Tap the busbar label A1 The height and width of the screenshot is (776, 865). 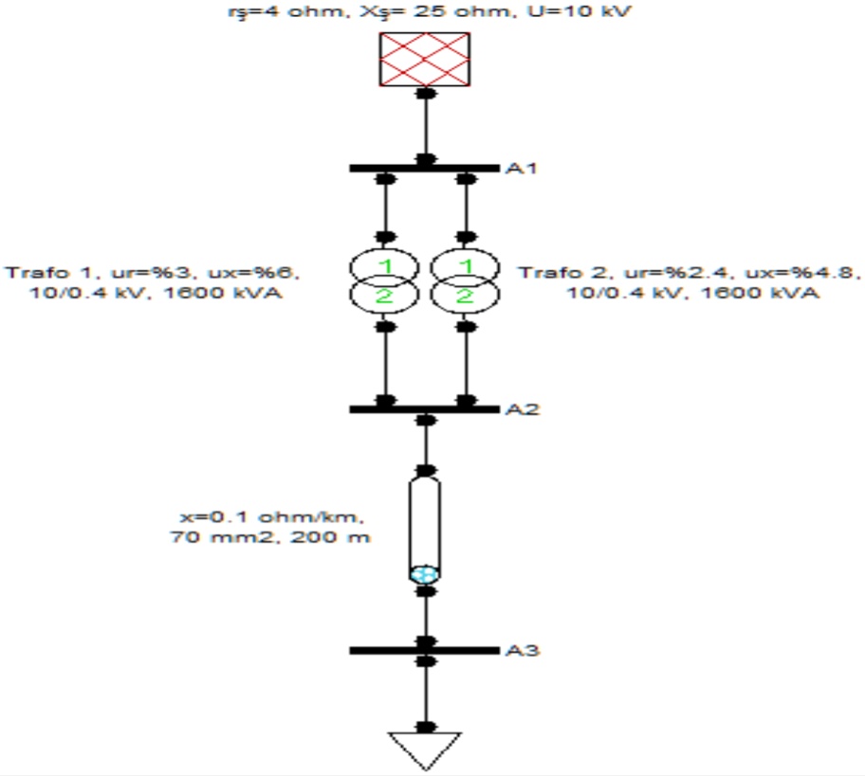click(x=519, y=169)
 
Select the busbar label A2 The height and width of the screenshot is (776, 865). click(x=519, y=409)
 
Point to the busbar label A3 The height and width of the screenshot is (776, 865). click(x=519, y=651)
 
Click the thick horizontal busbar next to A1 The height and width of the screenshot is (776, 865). click(x=424, y=169)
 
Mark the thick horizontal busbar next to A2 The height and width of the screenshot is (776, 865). click(x=424, y=409)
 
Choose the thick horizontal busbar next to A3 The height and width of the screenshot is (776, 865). click(x=424, y=651)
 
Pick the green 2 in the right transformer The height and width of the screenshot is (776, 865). click(x=465, y=297)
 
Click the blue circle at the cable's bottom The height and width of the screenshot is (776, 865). click(x=425, y=574)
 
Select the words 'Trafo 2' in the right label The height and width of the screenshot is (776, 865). click(x=550, y=273)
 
